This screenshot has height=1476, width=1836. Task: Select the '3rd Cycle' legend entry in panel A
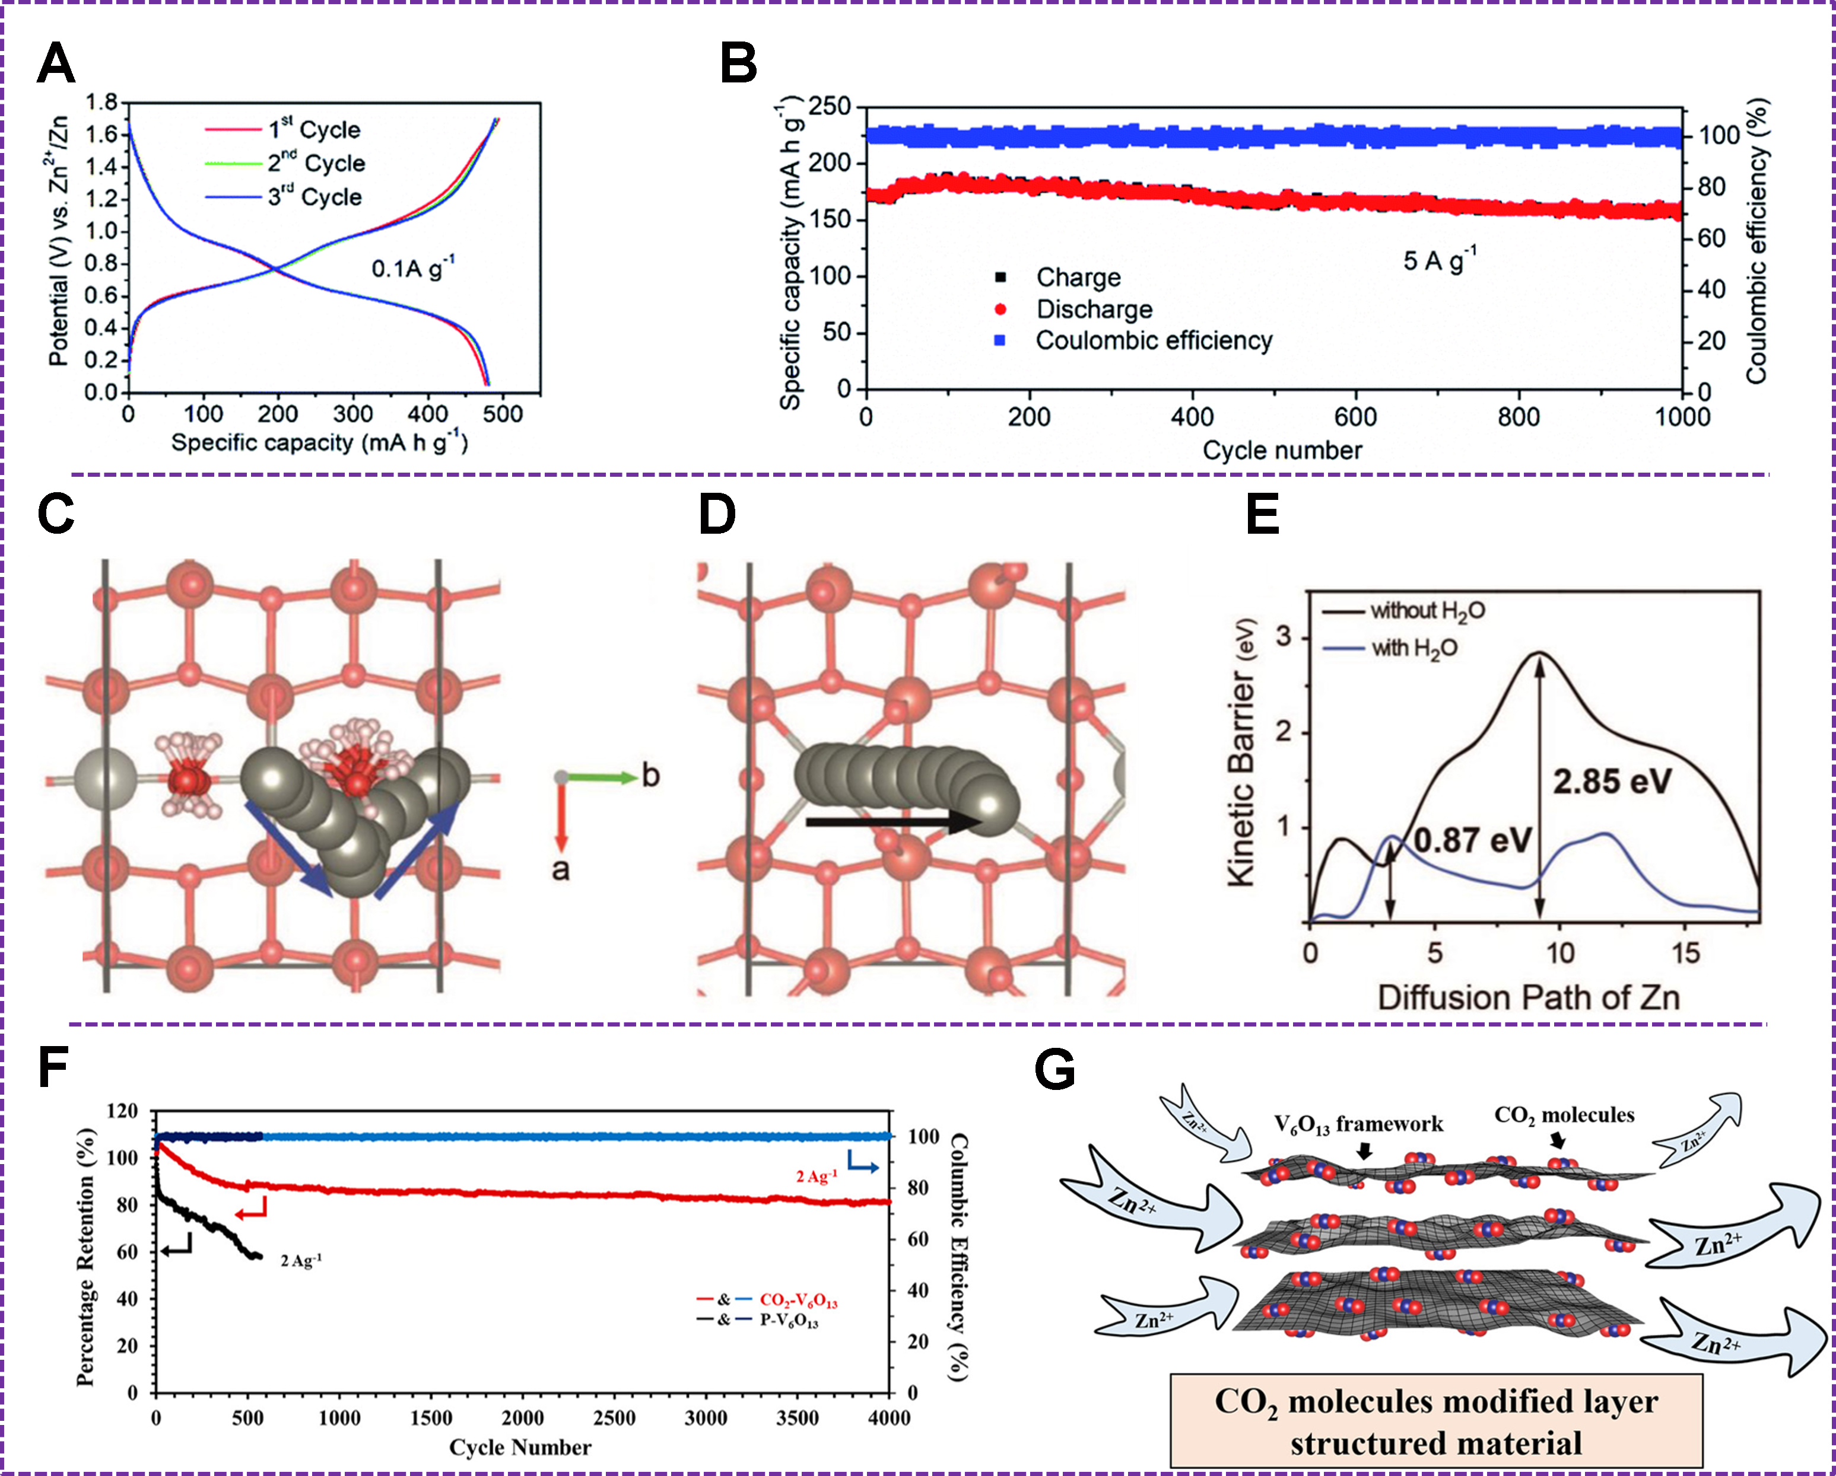coord(315,197)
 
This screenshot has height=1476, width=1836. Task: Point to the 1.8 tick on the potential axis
coord(101,104)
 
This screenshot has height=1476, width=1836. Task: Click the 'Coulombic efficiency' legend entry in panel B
coord(1153,340)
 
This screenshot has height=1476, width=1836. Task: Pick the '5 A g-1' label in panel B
coord(1439,260)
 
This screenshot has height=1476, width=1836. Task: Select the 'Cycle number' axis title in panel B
coord(1282,450)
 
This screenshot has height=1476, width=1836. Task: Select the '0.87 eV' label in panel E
coord(1473,840)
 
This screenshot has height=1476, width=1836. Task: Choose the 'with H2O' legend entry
coord(1413,649)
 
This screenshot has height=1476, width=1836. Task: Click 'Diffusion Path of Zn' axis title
coord(1529,997)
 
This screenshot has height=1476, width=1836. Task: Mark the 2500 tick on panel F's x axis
coord(614,1418)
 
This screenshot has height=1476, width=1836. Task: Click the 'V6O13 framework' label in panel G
coord(1358,1124)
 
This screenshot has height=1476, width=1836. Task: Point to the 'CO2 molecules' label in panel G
coord(1564,1115)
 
